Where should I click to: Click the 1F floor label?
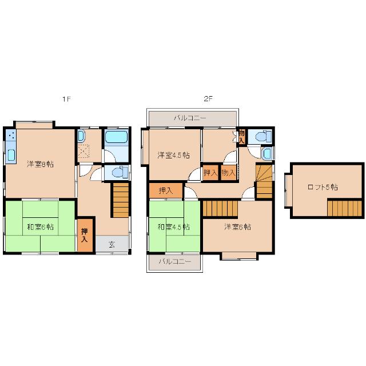(66, 99)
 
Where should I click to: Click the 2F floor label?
(208, 99)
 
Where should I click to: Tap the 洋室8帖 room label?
(41, 164)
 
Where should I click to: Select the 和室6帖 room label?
(41, 226)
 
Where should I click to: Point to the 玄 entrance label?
(112, 244)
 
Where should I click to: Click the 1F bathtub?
(116, 137)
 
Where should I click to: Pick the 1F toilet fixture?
(120, 173)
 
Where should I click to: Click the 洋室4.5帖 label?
(173, 155)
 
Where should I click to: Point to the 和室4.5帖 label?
(173, 226)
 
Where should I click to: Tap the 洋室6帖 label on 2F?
(238, 226)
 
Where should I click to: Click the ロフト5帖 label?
(323, 187)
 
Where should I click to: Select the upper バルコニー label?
(190, 118)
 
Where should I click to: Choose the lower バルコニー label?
(175, 261)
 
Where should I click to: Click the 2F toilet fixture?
(264, 136)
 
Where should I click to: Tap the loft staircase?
(344, 208)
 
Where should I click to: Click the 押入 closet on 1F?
(85, 235)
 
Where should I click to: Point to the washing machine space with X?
(83, 151)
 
